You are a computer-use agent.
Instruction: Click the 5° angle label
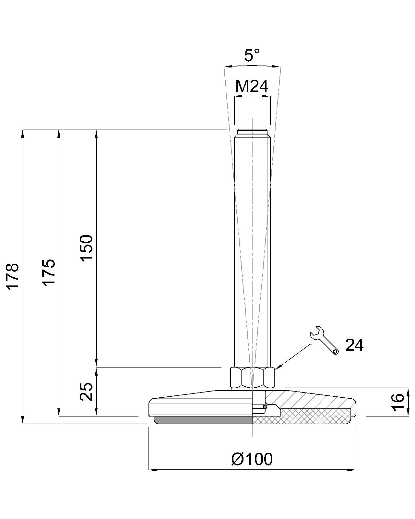[252, 55]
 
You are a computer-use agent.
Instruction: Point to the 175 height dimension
[49, 273]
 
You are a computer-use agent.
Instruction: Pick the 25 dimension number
[87, 392]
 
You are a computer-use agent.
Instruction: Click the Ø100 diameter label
[252, 459]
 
